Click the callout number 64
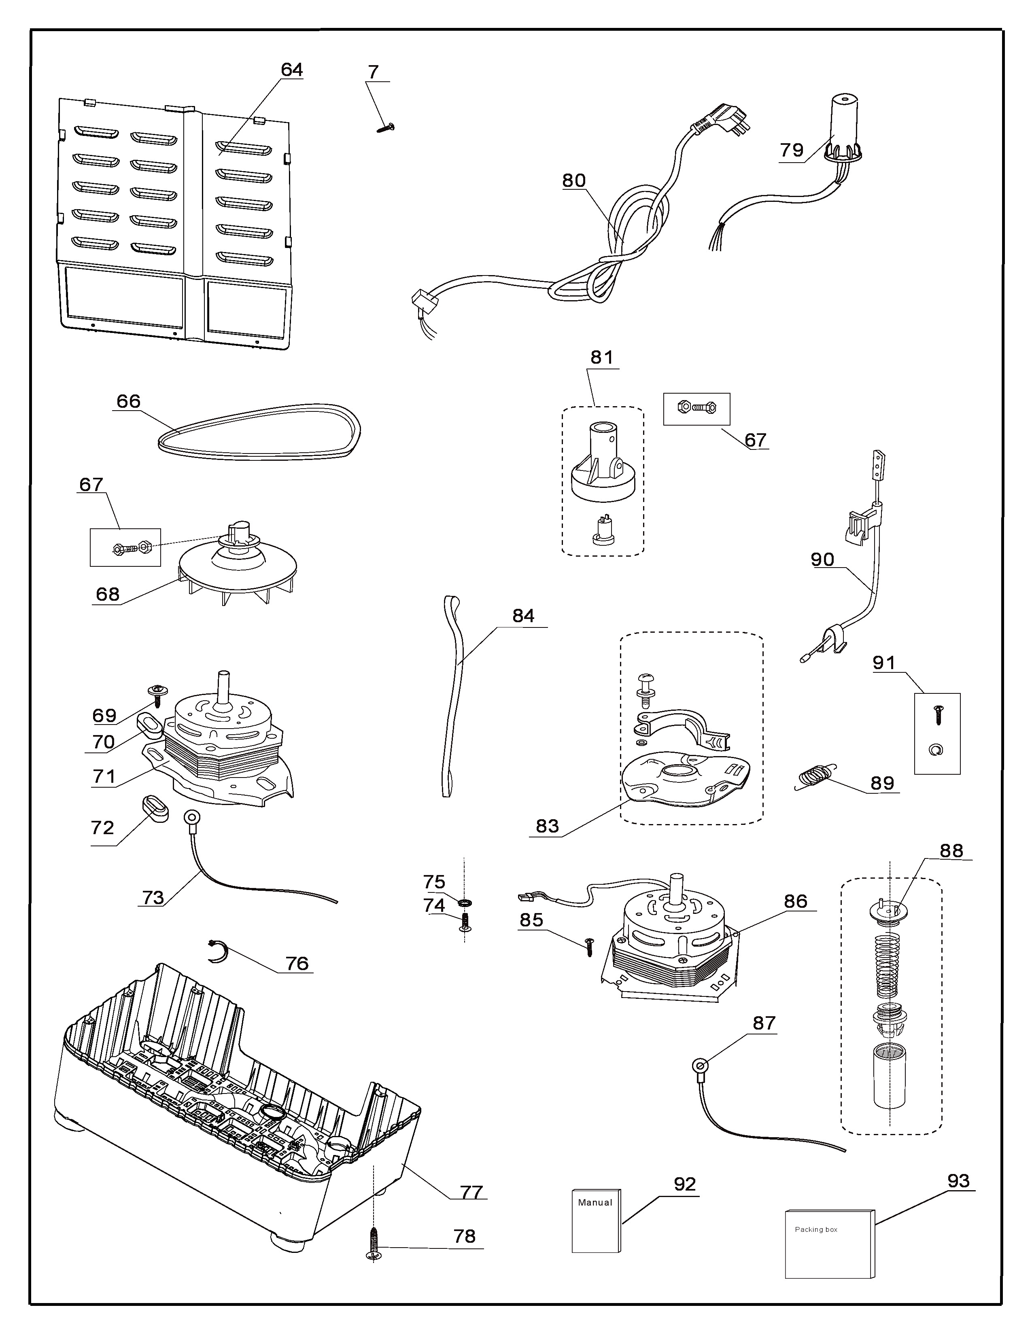pos(292,70)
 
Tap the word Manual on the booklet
pos(595,1202)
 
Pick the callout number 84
pos(523,616)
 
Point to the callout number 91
pos(884,663)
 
